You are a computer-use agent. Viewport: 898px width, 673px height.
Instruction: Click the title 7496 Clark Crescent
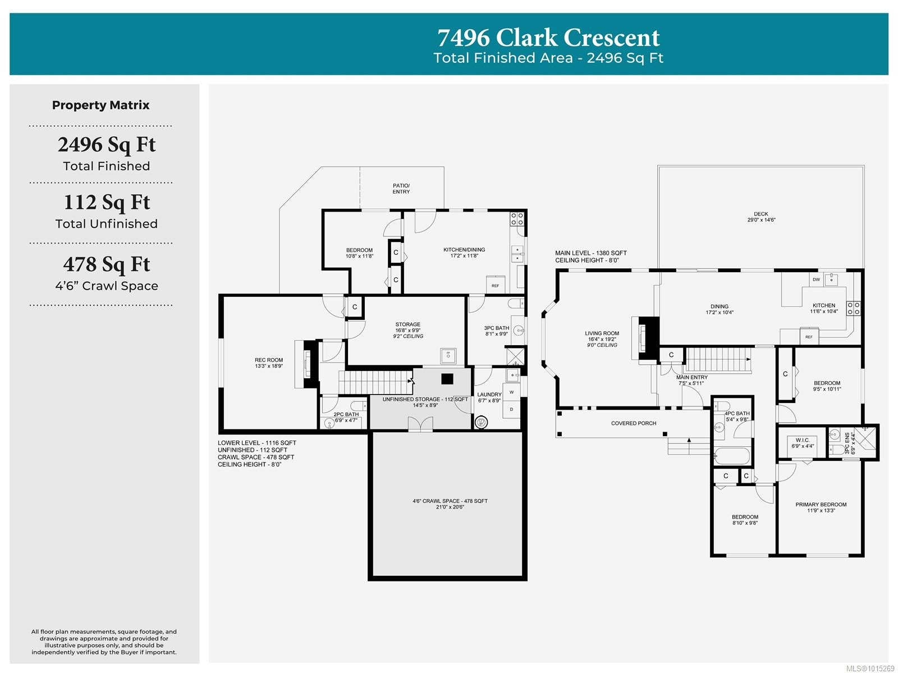(x=548, y=38)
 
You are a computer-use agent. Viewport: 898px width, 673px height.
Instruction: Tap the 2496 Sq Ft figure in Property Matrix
(x=107, y=145)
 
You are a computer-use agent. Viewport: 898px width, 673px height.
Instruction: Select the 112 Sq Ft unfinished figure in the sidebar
(x=107, y=202)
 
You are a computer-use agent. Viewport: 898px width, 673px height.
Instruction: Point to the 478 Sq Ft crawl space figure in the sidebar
(x=107, y=264)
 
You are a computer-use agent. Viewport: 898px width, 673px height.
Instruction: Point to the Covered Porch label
(x=634, y=423)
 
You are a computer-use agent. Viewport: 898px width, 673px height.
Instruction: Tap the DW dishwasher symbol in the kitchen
(x=816, y=279)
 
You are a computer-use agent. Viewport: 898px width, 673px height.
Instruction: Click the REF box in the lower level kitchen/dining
(x=495, y=285)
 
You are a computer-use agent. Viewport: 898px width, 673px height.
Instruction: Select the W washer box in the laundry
(x=511, y=392)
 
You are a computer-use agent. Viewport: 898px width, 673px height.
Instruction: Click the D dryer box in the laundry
(x=511, y=409)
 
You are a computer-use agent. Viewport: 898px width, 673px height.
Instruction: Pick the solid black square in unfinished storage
(x=447, y=379)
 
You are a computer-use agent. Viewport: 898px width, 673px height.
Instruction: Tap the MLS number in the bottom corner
(x=870, y=668)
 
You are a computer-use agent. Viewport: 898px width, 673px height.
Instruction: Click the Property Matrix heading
(x=101, y=105)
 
